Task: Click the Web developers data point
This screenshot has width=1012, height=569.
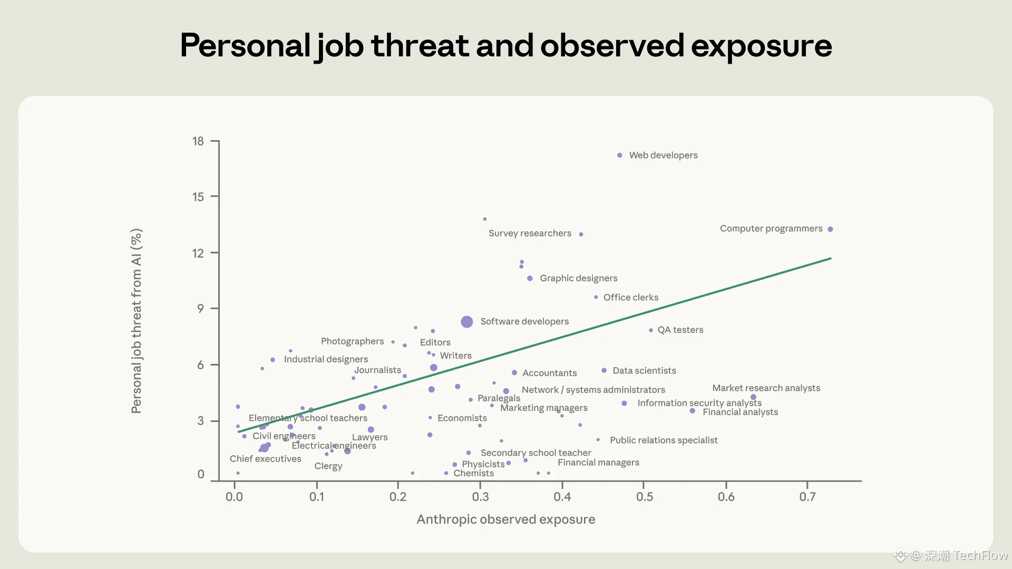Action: tap(620, 155)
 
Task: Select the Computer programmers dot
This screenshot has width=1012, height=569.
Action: tap(830, 229)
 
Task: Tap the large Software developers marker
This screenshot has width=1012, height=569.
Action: tap(466, 322)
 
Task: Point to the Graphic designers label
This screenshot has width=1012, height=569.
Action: tap(578, 278)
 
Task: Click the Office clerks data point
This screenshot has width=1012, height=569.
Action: tap(596, 297)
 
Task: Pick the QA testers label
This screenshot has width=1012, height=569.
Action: tap(680, 330)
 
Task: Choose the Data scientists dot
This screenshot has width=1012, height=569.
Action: tap(604, 370)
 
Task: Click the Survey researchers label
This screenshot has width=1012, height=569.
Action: tap(530, 233)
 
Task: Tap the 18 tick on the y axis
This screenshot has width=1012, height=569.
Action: tap(198, 141)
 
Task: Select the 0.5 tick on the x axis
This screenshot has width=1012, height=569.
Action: tap(644, 497)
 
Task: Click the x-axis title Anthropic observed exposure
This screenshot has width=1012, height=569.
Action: tap(505, 519)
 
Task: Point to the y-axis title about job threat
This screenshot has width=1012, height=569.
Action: tap(137, 321)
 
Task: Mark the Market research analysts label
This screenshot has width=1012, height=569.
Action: tap(766, 388)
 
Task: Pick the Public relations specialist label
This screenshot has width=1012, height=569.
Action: tap(664, 440)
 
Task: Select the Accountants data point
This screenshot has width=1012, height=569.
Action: tap(514, 372)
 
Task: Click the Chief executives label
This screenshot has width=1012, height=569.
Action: tap(265, 459)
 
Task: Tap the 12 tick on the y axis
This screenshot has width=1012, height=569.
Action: tap(198, 253)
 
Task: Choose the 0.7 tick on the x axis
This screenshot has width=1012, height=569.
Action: tap(807, 497)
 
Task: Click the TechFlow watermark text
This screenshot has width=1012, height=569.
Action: tap(980, 555)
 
